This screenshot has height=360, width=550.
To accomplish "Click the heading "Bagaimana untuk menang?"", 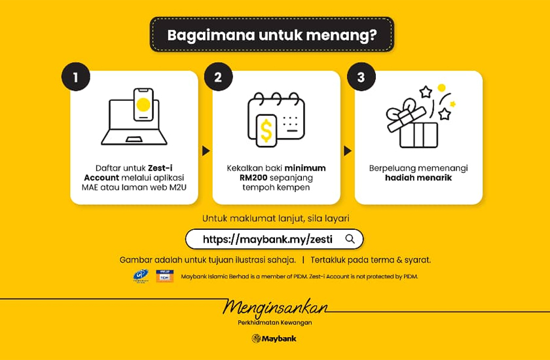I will point(272,34).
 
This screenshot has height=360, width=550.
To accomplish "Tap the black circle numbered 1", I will point(76,77).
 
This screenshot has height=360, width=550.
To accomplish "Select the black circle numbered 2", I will point(218,77).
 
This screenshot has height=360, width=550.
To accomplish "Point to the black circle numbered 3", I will point(361,77).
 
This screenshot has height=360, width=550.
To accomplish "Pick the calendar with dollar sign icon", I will point(276,120).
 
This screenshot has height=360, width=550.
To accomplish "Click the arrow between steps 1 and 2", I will point(206,151).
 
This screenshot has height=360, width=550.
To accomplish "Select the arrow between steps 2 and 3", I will point(348,151).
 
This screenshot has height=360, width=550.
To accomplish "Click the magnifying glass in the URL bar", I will point(350,239).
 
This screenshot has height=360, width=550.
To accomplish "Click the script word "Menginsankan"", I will point(275,307).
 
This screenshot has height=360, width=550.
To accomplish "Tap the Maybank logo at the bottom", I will point(274,338).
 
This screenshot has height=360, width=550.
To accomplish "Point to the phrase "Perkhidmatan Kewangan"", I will point(275,322).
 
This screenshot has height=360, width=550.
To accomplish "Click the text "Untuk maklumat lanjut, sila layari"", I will point(275,218).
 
